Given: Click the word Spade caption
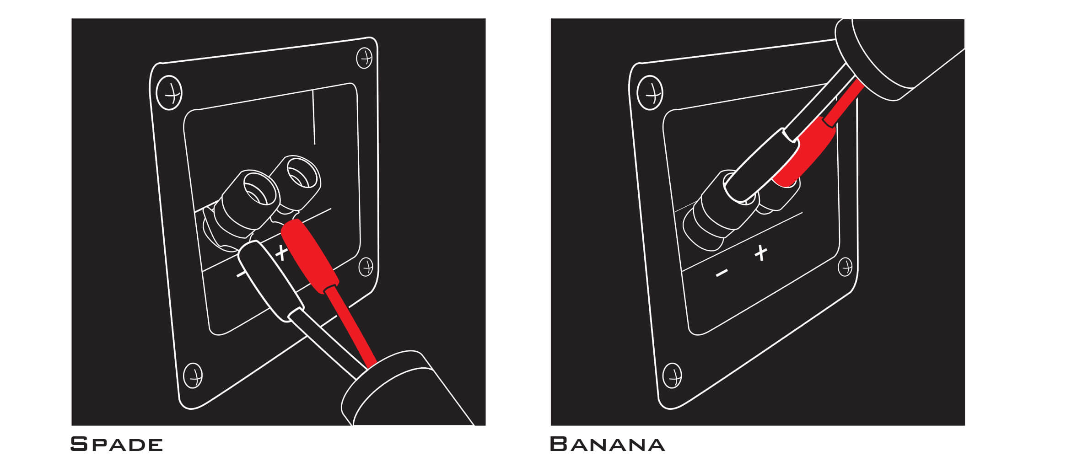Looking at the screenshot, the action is click(117, 444).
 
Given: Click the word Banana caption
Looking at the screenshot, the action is click(607, 444).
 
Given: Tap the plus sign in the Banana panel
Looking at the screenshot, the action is click(760, 252).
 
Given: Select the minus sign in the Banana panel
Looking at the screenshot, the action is click(722, 273).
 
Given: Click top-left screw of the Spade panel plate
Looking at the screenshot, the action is click(169, 93).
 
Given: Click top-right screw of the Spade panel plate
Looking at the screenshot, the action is click(365, 58).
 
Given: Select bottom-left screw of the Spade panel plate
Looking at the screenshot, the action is click(193, 376).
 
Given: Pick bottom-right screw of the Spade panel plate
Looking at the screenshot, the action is click(366, 267).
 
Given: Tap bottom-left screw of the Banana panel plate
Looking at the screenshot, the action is click(672, 376).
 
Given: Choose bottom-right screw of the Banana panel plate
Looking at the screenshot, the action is click(845, 267).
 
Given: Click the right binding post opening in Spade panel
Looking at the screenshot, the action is click(302, 172).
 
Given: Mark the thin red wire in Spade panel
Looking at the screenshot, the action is click(350, 326).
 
